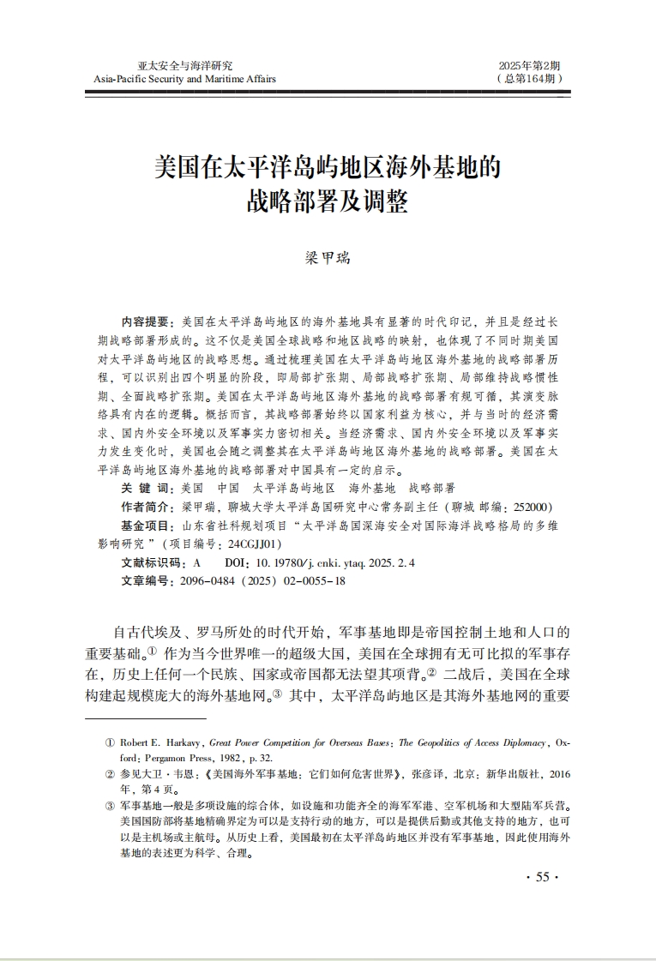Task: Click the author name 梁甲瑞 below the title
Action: pyautogui.click(x=328, y=257)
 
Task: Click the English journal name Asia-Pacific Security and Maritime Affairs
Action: pyautogui.click(x=185, y=79)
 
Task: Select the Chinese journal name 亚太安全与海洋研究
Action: pyautogui.click(x=185, y=65)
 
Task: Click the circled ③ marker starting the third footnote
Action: pyautogui.click(x=110, y=806)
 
